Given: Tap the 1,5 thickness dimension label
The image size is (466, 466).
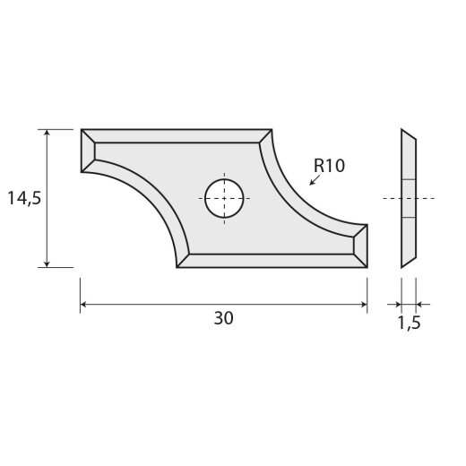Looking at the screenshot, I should click(x=408, y=322).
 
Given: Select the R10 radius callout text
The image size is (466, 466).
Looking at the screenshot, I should click(x=329, y=166).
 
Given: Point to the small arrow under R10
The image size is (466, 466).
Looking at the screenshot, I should click(x=312, y=181).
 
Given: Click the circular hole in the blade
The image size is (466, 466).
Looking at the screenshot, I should click(x=223, y=197).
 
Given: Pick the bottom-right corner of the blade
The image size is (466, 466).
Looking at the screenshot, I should click(x=366, y=266).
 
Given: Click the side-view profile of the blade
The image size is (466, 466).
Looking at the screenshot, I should click(x=408, y=198).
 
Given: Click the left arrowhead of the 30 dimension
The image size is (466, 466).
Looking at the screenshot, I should click(x=86, y=305).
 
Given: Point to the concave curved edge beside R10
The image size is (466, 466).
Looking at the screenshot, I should click(x=296, y=197).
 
